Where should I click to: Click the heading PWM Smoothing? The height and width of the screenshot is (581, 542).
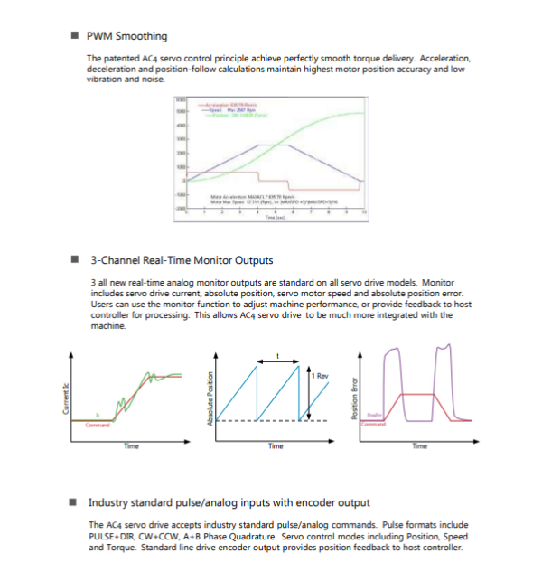126,36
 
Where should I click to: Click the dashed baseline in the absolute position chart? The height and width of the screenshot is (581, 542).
271,421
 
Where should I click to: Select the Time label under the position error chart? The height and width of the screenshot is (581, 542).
419,445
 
